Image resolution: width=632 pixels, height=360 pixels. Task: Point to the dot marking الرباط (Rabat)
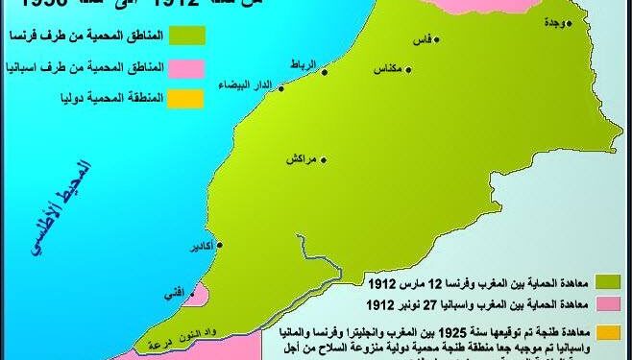[324, 71]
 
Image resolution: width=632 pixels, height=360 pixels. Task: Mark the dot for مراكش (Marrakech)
[323, 158]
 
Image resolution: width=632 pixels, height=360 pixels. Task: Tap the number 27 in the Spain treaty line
[427, 303]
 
